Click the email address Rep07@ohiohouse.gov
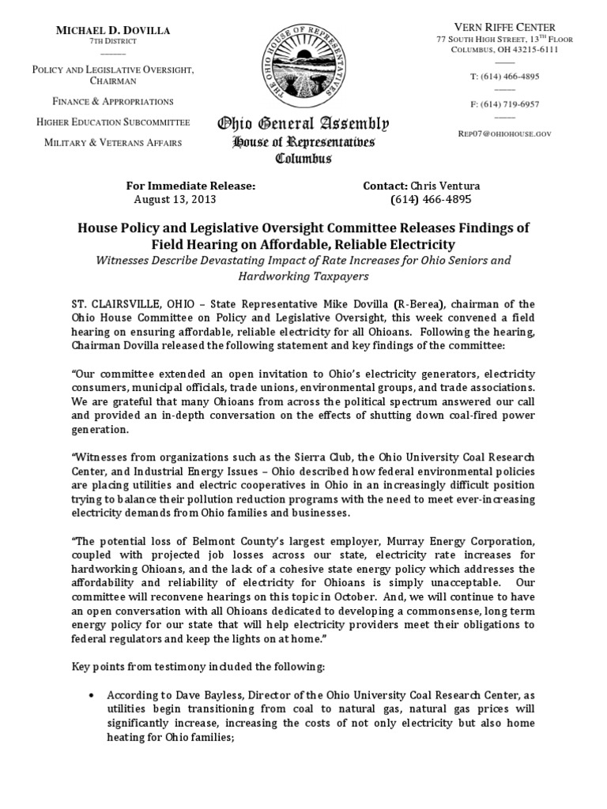pyautogui.click(x=504, y=134)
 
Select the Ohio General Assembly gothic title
pyautogui.click(x=303, y=124)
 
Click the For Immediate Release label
pyautogui.click(x=190, y=186)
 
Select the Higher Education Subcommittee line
pyautogui.click(x=112, y=122)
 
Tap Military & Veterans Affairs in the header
pyautogui.click(x=112, y=142)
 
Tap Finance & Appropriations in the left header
pyautogui.click(x=112, y=102)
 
